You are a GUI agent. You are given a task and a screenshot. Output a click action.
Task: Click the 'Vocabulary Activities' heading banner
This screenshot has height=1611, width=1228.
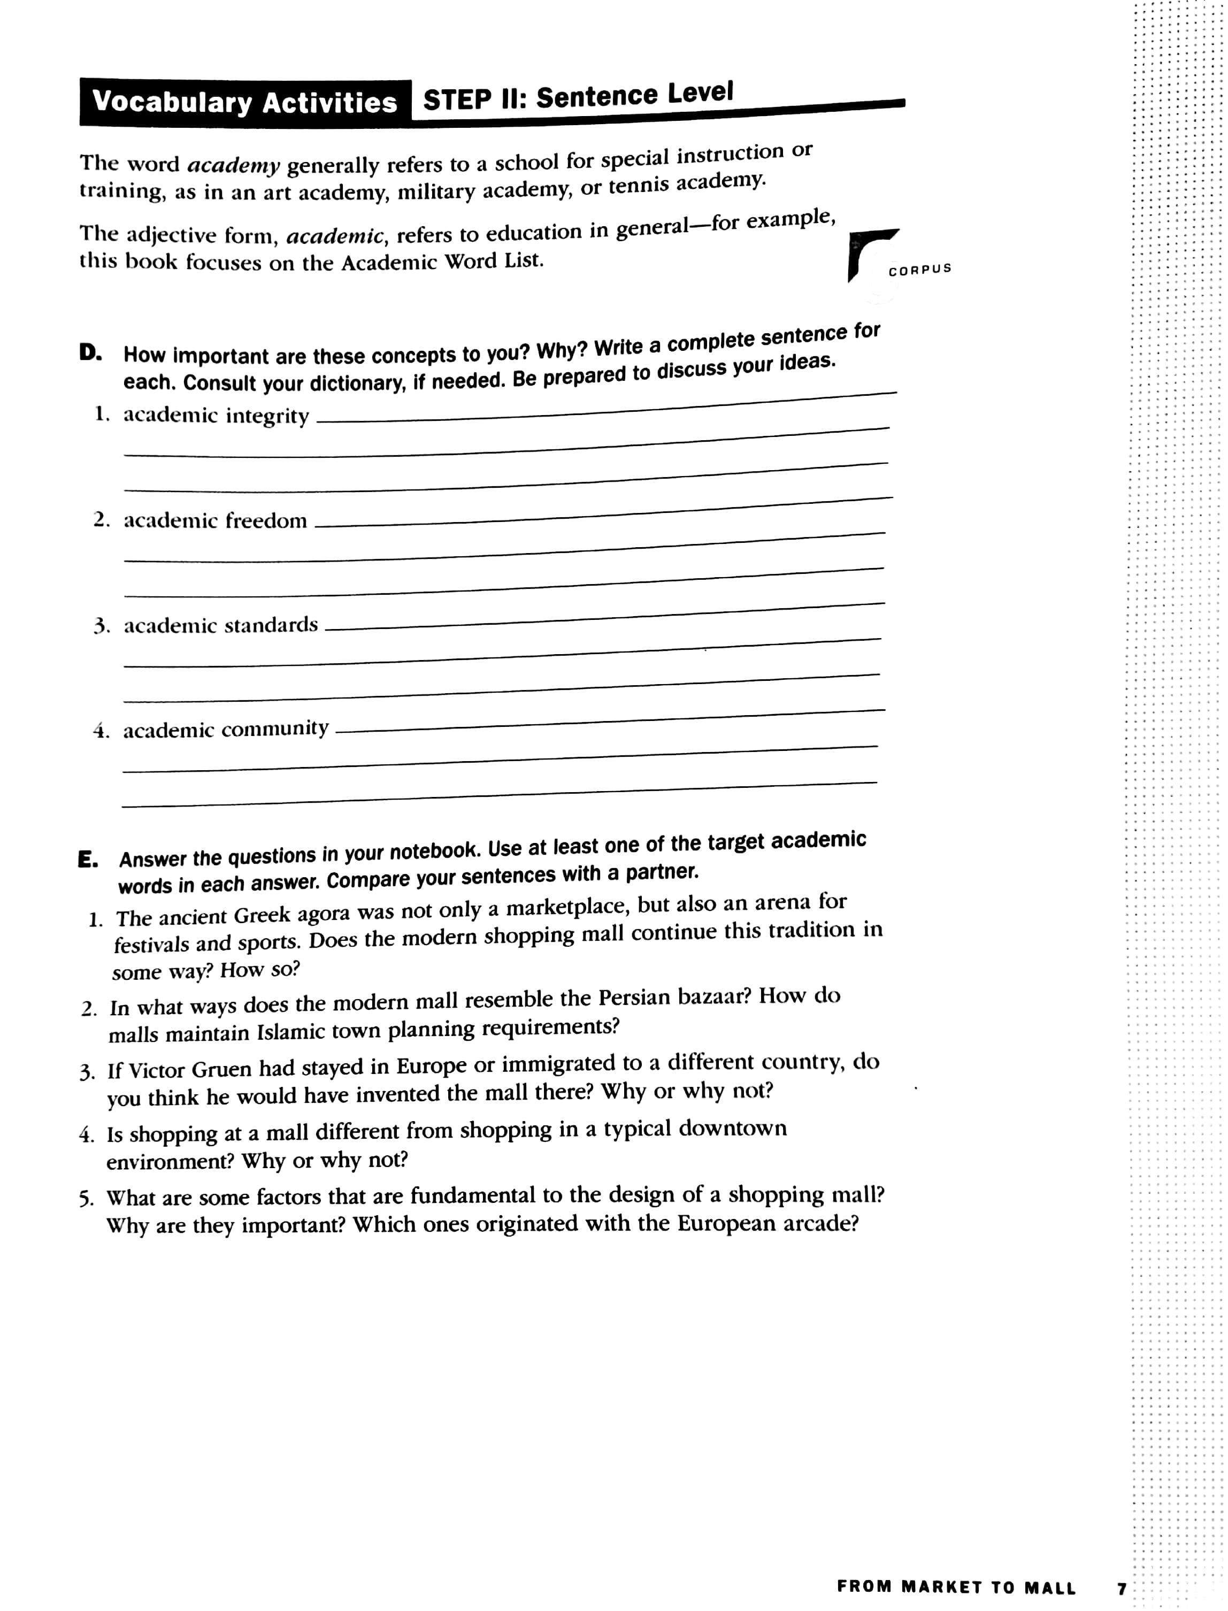[x=245, y=102]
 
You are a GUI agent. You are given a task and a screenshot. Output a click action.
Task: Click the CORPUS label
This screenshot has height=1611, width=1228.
[x=919, y=269]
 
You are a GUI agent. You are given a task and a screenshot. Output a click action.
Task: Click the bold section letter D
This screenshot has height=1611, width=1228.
[x=90, y=353]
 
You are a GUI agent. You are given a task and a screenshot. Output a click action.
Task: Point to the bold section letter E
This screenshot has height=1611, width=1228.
[x=88, y=860]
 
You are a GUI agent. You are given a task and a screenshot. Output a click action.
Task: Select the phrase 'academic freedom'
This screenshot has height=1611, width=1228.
[x=215, y=520]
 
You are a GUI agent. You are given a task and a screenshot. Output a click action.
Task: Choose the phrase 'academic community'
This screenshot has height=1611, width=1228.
[x=226, y=729]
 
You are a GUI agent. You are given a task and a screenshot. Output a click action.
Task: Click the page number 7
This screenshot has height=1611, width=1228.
[x=1121, y=1587]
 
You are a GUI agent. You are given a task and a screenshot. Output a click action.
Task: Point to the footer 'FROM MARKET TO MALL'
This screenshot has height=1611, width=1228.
[x=956, y=1587]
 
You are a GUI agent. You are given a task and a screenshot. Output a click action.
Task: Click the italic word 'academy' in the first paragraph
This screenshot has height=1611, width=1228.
[x=233, y=165]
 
